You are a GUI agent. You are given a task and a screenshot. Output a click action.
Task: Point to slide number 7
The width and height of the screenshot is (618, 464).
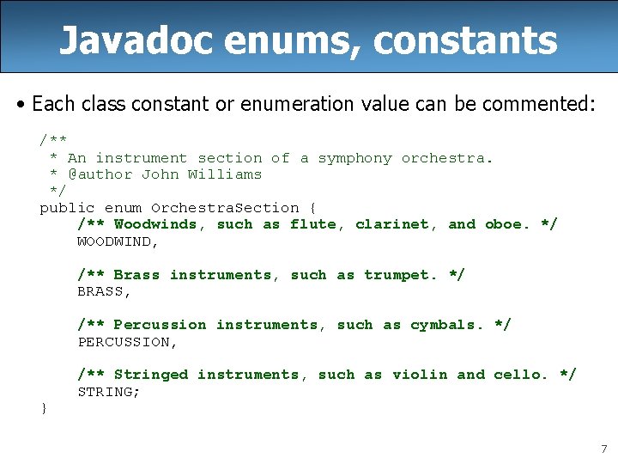tap(603, 449)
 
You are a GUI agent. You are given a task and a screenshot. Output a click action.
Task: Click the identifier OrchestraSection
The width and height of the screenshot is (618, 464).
tap(225, 208)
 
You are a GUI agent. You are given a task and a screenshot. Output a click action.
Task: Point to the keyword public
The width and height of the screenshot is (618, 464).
tap(68, 208)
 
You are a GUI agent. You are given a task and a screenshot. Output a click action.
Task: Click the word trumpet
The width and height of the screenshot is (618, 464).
tap(397, 275)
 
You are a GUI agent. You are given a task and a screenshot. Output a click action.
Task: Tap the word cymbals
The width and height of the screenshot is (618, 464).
tap(443, 325)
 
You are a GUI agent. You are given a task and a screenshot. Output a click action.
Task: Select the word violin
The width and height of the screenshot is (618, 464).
tap(420, 375)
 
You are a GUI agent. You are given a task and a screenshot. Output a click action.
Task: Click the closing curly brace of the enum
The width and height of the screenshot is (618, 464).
tap(44, 408)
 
